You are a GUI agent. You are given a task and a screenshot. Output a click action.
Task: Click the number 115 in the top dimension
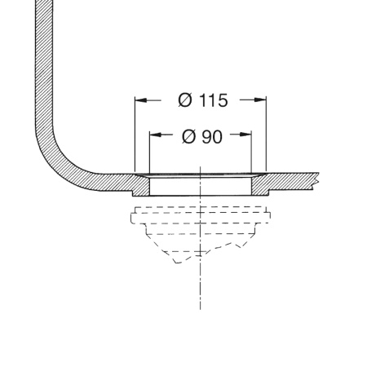pyautogui.click(x=214, y=100)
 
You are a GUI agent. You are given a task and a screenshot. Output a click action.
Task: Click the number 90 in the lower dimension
pyautogui.click(x=212, y=137)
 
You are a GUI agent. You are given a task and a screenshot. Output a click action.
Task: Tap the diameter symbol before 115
pyautogui.click(x=185, y=100)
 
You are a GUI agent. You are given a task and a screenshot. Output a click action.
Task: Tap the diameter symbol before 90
pyautogui.click(x=188, y=137)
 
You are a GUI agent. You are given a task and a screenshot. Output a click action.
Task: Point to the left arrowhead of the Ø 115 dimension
pyautogui.click(x=141, y=100)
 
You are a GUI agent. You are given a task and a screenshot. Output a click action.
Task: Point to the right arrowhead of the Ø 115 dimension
pyautogui.click(x=260, y=100)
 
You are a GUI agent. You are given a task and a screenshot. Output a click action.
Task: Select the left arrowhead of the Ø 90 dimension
pyautogui.click(x=156, y=135)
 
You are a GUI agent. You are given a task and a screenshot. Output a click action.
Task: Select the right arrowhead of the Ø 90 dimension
pyautogui.click(x=245, y=135)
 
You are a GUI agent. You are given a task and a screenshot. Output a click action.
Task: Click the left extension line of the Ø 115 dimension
pyautogui.click(x=135, y=134)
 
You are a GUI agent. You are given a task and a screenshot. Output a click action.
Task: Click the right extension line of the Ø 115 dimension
pyautogui.click(x=267, y=134)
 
